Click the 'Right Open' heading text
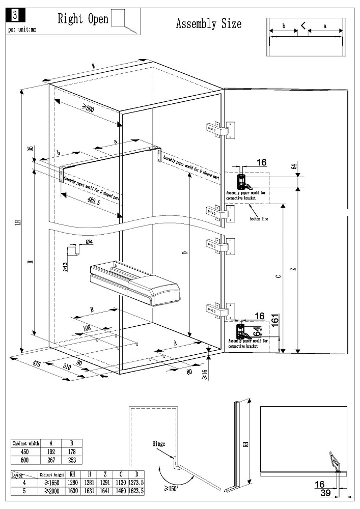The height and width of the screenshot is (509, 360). click(83, 19)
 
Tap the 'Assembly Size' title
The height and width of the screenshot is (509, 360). click(209, 23)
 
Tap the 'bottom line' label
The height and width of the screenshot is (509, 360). click(259, 219)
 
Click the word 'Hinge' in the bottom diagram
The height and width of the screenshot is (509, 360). click(158, 443)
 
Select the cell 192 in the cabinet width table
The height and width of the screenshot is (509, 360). click(51, 451)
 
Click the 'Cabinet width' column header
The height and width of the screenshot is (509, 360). click(25, 443)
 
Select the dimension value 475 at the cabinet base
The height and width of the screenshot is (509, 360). click(37, 364)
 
